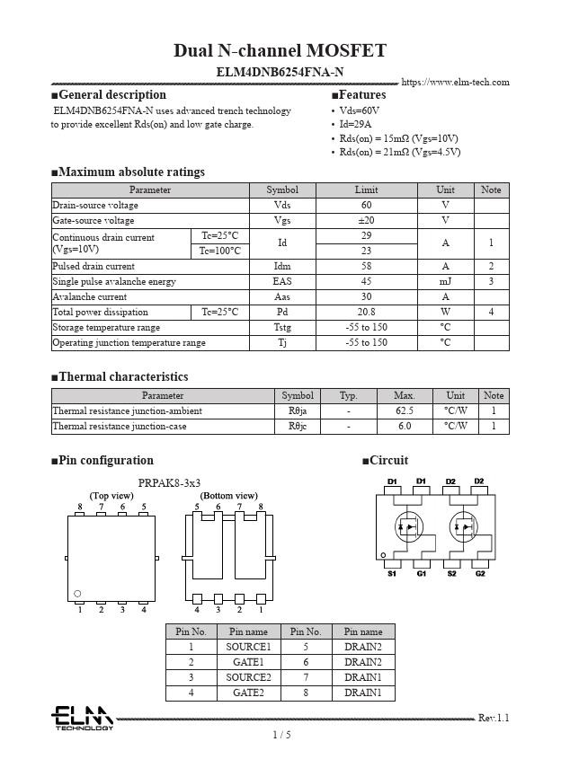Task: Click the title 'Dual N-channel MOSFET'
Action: pos(280,50)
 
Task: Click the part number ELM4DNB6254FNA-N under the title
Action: pos(280,72)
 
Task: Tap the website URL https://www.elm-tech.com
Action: pos(455,83)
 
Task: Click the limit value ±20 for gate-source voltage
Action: pos(366,220)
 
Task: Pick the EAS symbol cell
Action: pos(282,281)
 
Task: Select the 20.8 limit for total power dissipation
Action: pos(366,312)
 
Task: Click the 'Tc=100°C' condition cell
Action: pos(219,251)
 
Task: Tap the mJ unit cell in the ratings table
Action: pos(445,281)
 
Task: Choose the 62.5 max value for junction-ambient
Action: pos(404,411)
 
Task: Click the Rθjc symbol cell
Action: pos(298,426)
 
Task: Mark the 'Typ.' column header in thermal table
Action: pos(348,395)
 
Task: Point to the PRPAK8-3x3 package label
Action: pos(169,483)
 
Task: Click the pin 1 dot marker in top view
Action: pos(78,593)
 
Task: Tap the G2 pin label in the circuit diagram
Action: pos(479,574)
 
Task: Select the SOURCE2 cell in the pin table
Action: pos(248,677)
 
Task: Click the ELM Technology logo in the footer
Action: pos(81,718)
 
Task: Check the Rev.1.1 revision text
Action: pos(494,718)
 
